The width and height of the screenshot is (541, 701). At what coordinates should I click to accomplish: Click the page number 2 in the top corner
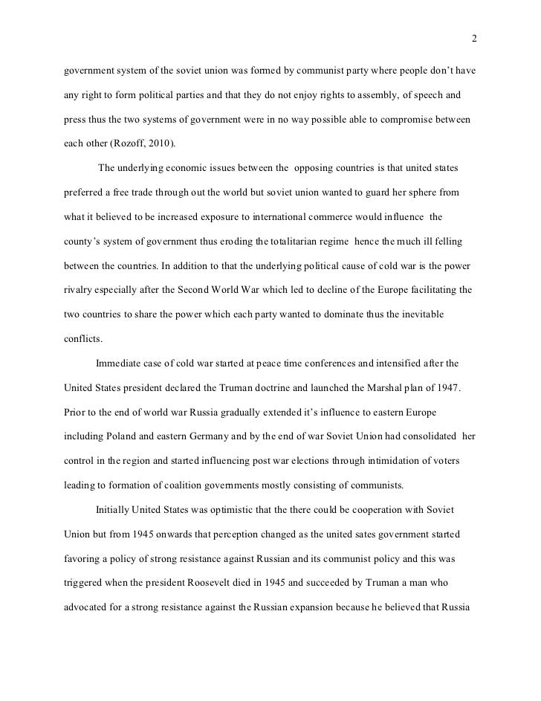point(473,39)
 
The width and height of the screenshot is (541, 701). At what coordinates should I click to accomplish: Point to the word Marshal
point(391,387)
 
